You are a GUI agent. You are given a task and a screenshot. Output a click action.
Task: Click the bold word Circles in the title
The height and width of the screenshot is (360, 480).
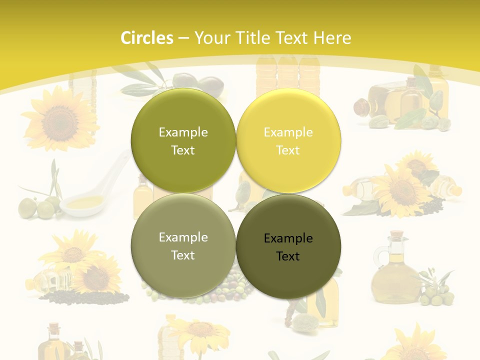pyautogui.click(x=146, y=38)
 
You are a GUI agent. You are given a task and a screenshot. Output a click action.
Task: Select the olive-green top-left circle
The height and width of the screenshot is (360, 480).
pyautogui.click(x=183, y=141)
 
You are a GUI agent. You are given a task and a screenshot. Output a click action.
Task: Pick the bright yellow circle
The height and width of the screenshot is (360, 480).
pyautogui.click(x=288, y=141)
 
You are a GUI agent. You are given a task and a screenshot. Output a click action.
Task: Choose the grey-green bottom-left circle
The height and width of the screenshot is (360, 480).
pyautogui.click(x=183, y=246)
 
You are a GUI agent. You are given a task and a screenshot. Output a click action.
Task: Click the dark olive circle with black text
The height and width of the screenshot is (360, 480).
pyautogui.click(x=288, y=247)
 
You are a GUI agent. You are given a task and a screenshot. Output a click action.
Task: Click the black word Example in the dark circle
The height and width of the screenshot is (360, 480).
pyautogui.click(x=288, y=238)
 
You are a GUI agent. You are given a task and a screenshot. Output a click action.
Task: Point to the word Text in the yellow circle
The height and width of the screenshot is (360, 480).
pyautogui.click(x=288, y=150)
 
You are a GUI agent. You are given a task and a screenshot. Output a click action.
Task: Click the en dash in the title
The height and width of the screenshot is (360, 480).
pyautogui.click(x=183, y=38)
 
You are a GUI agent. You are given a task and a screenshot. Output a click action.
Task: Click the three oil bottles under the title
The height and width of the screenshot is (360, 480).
pyautogui.click(x=287, y=75)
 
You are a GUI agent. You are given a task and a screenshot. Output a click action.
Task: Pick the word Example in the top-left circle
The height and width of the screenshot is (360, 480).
pyautogui.click(x=183, y=132)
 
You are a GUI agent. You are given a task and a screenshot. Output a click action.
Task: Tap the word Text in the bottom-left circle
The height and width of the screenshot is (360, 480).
pyautogui.click(x=183, y=255)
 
